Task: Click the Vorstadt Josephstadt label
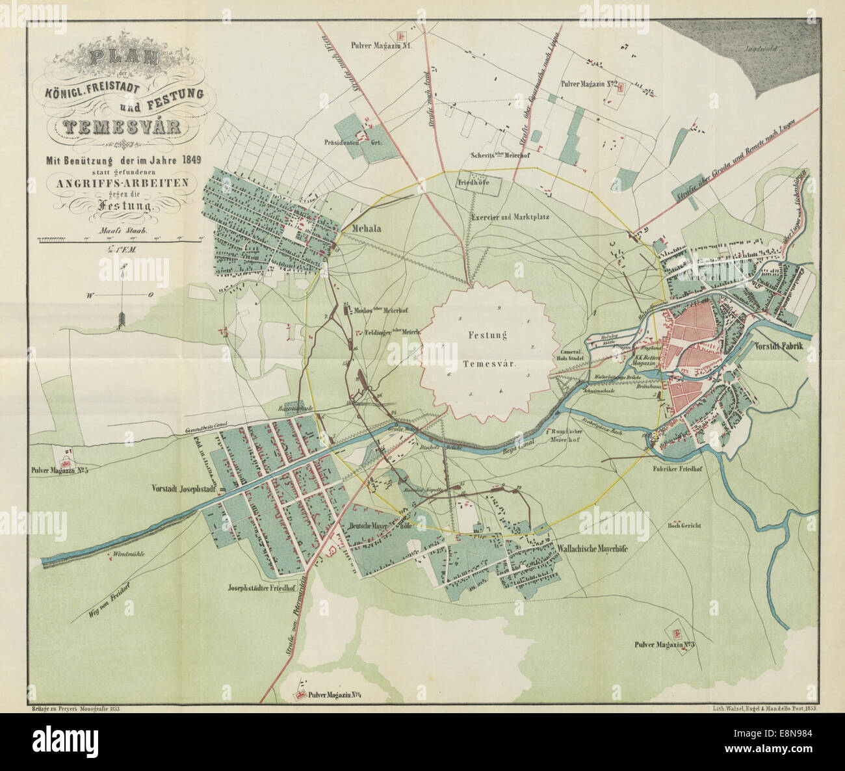coord(183,488)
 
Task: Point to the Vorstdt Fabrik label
coord(779,347)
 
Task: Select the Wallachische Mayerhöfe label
coord(595,547)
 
